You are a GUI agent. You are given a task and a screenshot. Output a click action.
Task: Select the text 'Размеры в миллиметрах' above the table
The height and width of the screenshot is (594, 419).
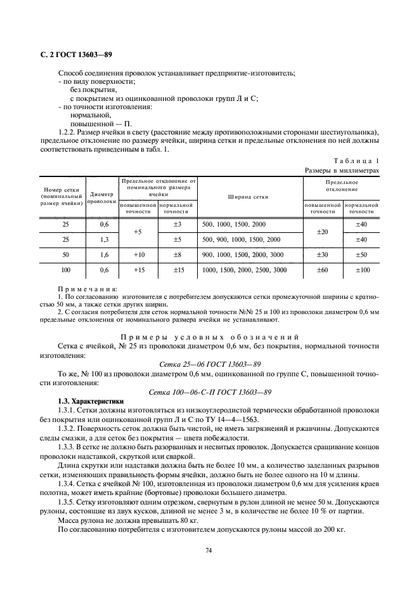341,171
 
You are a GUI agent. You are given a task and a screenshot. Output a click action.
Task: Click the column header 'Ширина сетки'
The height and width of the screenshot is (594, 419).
248,197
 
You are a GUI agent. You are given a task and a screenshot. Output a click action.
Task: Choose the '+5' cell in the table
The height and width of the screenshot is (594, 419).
138,232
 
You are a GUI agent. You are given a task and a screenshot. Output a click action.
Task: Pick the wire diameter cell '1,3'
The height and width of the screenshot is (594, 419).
105,239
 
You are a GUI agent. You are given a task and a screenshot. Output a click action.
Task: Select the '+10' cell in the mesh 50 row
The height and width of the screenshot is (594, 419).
138,254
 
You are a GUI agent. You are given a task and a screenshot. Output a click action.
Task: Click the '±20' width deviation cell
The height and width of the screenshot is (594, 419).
322,232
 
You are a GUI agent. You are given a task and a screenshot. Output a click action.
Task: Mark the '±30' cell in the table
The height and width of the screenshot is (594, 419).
322,254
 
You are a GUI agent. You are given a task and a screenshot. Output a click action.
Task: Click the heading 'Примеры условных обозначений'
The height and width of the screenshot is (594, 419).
209,336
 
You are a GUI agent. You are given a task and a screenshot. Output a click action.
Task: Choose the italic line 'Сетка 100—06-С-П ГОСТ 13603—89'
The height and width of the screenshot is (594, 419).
209,393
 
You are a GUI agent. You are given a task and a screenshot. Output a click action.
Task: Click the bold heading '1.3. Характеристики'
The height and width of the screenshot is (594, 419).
91,402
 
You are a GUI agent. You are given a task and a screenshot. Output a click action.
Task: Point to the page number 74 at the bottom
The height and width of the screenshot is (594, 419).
209,550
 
